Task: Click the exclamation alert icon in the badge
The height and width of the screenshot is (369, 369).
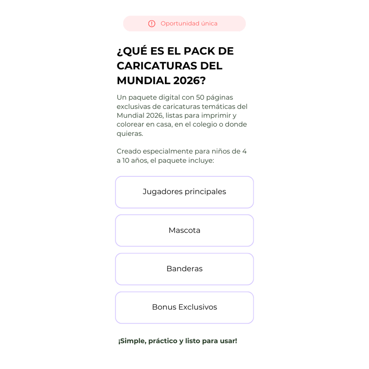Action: pyautogui.click(x=152, y=23)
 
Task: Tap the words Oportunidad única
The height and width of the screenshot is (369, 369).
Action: pyautogui.click(x=189, y=23)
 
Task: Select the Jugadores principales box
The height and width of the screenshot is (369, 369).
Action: pyautogui.click(x=184, y=192)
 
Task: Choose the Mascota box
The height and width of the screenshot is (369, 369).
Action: pyautogui.click(x=184, y=230)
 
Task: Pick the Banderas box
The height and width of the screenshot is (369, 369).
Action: pyautogui.click(x=184, y=269)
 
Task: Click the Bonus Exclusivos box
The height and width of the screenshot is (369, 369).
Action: pyautogui.click(x=184, y=307)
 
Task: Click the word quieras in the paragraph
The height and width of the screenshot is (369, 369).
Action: pyautogui.click(x=130, y=134)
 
